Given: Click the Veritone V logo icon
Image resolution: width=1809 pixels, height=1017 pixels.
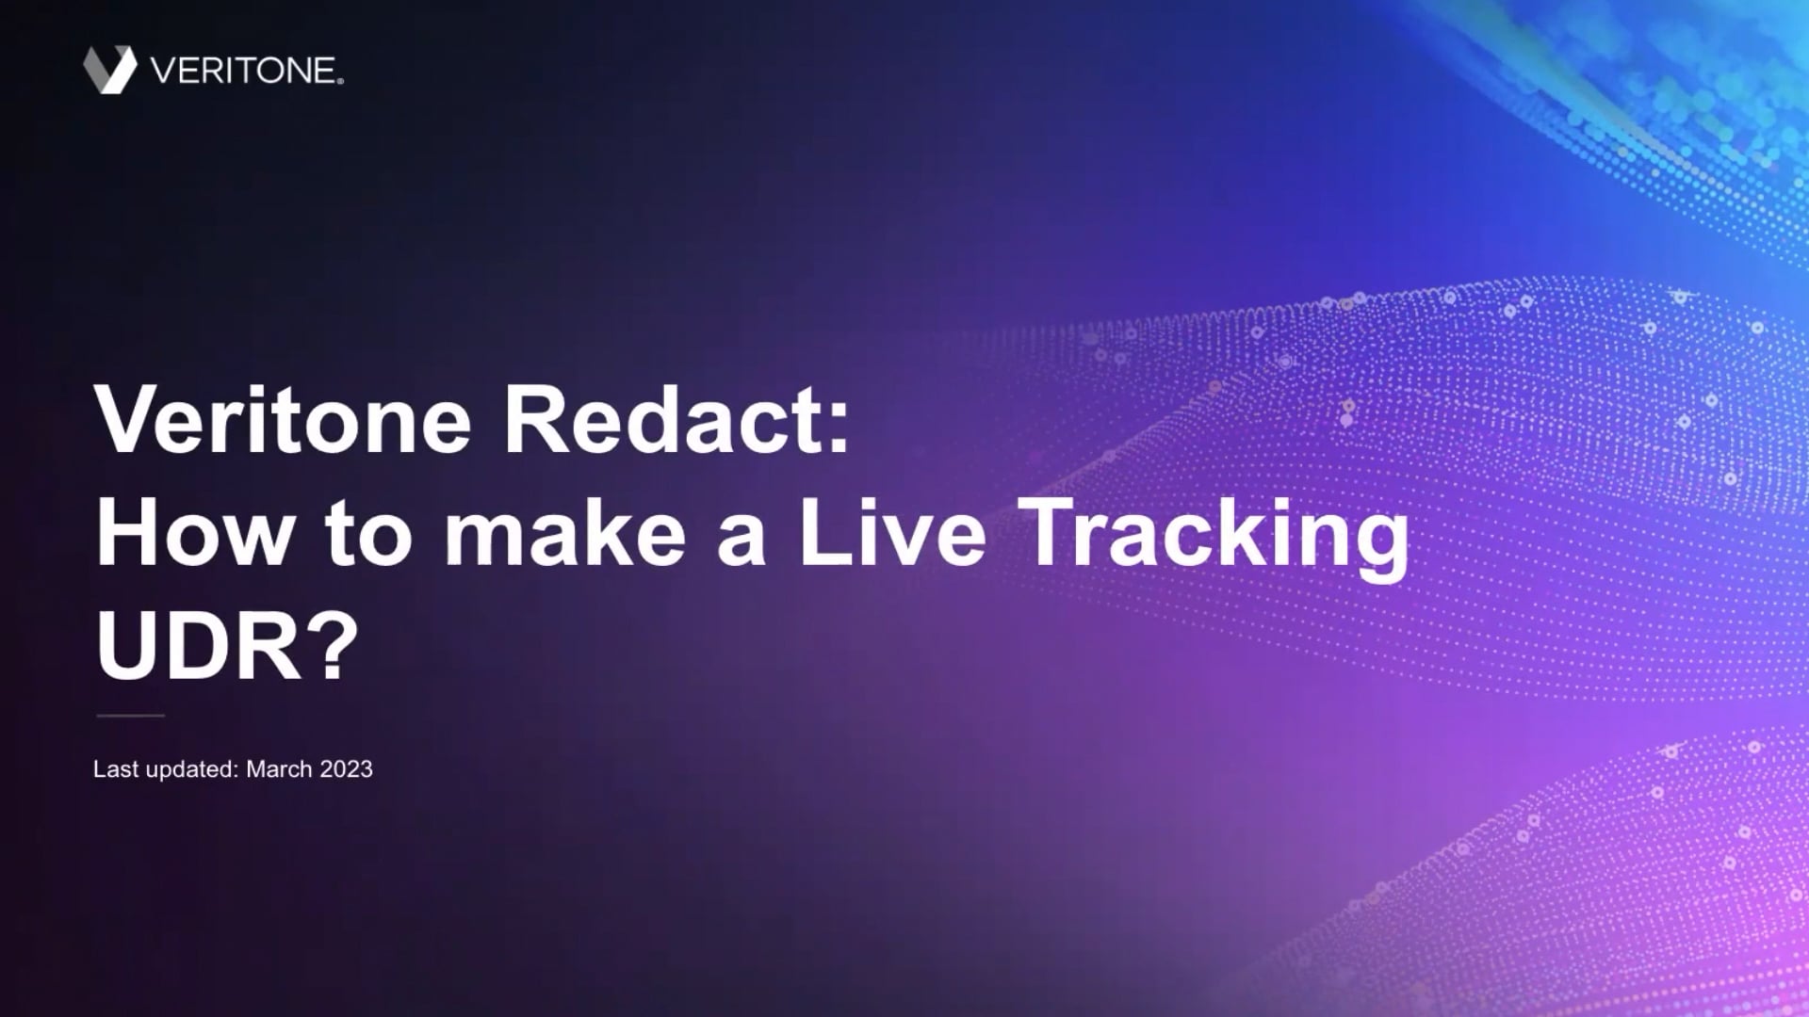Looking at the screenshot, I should tap(110, 70).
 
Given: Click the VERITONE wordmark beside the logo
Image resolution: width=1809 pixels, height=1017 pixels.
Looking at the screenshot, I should tap(242, 71).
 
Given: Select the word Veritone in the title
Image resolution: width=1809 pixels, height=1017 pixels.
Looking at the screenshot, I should tap(283, 420).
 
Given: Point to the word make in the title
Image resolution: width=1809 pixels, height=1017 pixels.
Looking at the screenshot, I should tap(564, 534).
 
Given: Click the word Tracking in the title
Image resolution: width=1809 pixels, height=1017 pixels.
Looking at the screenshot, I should tap(1214, 534).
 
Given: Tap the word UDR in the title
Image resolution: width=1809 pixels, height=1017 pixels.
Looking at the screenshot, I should tap(199, 647).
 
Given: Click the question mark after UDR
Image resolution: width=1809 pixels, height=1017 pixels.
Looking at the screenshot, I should tap(335, 647).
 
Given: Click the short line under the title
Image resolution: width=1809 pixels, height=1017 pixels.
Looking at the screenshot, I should tap(130, 716).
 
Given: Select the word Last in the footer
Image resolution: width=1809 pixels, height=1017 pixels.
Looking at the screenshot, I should tap(116, 769).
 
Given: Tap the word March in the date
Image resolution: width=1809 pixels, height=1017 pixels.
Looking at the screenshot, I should tap(279, 769).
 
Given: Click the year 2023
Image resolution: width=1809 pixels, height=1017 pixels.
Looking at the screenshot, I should tap(347, 769).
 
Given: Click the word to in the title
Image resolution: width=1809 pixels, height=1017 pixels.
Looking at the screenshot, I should tap(368, 534).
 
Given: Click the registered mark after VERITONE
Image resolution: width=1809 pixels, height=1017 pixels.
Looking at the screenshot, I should tap(340, 82).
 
